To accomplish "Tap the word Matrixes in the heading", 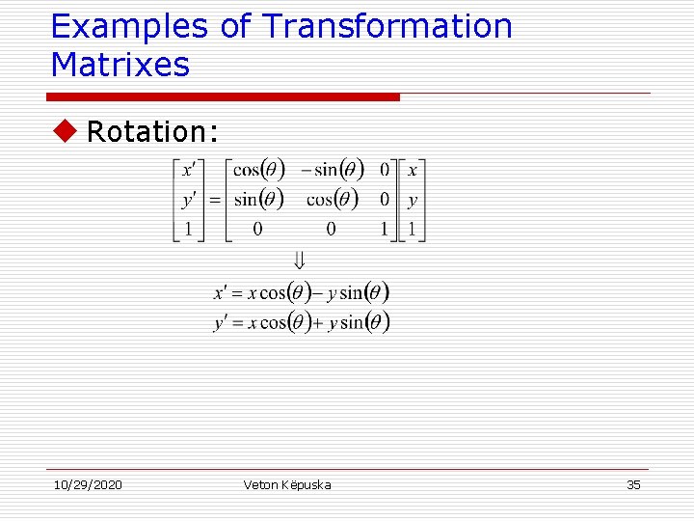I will click(x=120, y=65).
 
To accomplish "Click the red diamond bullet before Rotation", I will click(x=63, y=131).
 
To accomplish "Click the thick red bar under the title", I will click(x=224, y=97).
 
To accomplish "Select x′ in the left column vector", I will click(x=188, y=171).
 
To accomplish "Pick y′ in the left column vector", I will click(x=188, y=200).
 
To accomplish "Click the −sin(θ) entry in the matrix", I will click(x=333, y=171).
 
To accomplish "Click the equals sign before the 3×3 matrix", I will click(x=215, y=200).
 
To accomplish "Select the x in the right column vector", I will click(x=413, y=171).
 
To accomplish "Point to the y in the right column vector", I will click(x=413, y=201).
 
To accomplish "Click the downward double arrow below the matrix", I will click(x=299, y=260).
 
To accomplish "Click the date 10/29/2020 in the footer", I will click(x=87, y=484).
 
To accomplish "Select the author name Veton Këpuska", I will click(x=287, y=484).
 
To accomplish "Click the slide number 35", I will click(x=633, y=484).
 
